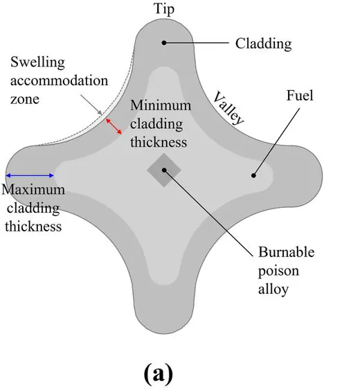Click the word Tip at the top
pos(164,9)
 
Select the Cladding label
pos(263,44)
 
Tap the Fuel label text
pos(300,96)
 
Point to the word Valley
pos(228,108)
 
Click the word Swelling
pos(37,62)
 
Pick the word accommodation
pos(59,80)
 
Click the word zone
pos(25,99)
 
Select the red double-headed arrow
pos(114,126)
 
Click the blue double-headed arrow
pos(30,176)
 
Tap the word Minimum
pos(161,105)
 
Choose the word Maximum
pos(33,190)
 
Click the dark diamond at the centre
pos(164,170)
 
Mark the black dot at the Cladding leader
pos(164,42)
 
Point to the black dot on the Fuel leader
pos(253,175)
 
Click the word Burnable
pos(287,252)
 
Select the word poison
pos(278,271)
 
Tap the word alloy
pos(273,289)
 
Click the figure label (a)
pos(159,374)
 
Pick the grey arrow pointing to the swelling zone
pos(91,105)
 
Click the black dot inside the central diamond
pos(164,170)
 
